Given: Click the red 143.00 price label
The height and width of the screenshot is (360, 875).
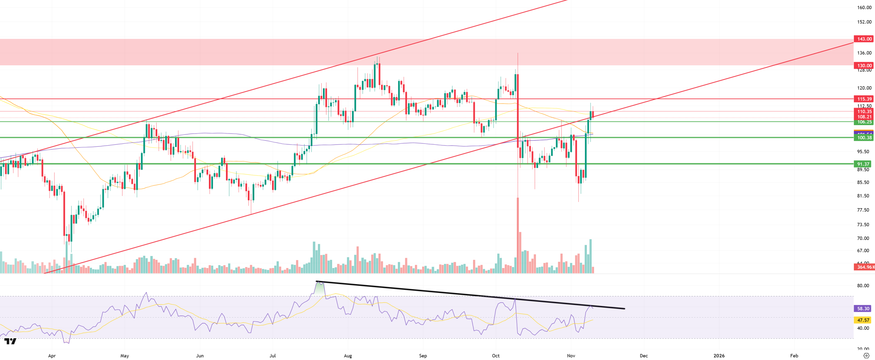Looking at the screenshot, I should pos(864,39).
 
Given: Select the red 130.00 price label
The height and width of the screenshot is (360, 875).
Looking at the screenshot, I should pos(864,66).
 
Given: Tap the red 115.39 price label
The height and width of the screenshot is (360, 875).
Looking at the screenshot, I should pos(864,99).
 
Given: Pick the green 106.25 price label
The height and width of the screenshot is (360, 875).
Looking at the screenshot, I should pos(864,122).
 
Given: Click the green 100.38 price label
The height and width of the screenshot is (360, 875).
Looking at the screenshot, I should pos(864,138).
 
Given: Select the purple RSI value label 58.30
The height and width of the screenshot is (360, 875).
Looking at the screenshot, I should pos(863,309).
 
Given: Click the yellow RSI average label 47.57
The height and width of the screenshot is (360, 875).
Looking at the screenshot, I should pos(863,320).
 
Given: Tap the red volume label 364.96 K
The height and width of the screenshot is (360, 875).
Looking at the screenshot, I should pos(864,267).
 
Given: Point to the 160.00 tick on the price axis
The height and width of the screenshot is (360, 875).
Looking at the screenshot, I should pos(864,8).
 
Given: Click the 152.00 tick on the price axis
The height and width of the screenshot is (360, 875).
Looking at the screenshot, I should pos(864,22).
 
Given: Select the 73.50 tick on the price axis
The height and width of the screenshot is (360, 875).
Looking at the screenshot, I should pos(863,225).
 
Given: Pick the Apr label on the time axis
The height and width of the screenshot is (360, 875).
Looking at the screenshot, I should pos(52,356).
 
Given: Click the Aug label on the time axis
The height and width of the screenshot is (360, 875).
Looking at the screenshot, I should pos(348,356).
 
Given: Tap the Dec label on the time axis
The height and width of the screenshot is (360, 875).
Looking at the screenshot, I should pos(644,356).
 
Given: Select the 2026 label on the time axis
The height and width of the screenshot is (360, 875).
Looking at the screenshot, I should pos(719,356).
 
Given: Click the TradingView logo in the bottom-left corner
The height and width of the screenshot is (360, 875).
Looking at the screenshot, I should pos(10,341).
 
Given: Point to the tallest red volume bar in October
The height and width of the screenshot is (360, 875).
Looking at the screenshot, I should pos(518,236).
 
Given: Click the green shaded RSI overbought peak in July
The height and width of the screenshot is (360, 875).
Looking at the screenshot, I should pos(320,289).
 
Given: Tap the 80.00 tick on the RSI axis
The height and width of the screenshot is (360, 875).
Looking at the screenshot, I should pos(863,286).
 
